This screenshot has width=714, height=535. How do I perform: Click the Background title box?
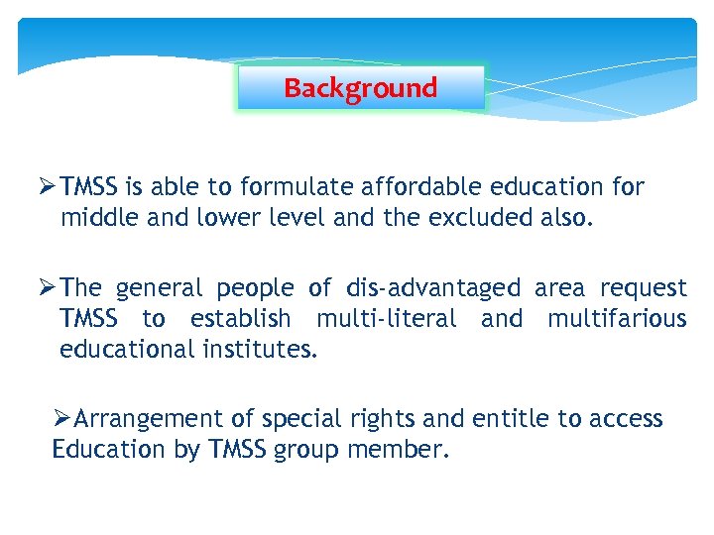(x=361, y=88)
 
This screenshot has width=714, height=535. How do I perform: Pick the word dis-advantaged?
(x=432, y=288)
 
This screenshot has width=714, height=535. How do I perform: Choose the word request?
(x=644, y=288)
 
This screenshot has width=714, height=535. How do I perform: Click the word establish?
(x=241, y=319)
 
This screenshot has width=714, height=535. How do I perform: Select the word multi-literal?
(x=387, y=319)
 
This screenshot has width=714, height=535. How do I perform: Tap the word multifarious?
(x=617, y=319)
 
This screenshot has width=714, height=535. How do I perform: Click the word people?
(x=255, y=288)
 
